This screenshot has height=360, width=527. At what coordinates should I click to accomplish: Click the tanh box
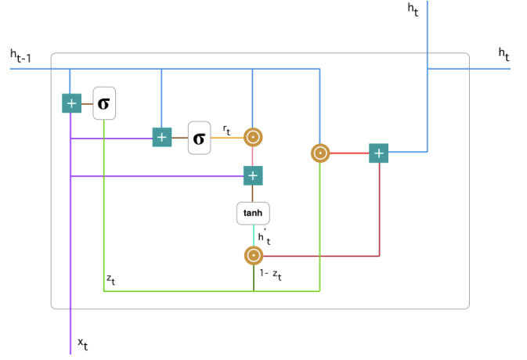pyautogui.click(x=253, y=212)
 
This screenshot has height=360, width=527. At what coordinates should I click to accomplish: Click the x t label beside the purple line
pyautogui.click(x=82, y=344)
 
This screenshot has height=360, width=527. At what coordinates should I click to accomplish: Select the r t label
pyautogui.click(x=226, y=129)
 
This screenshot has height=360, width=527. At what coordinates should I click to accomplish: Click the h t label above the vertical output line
pyautogui.click(x=413, y=9)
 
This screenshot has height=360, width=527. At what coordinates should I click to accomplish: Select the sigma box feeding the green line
pyautogui.click(x=104, y=103)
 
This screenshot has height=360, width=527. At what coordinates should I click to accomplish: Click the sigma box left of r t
pyautogui.click(x=199, y=138)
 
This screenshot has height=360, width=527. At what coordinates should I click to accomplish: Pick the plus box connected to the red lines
pyautogui.click(x=379, y=153)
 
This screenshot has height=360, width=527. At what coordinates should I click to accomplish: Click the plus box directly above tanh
pyautogui.click(x=252, y=176)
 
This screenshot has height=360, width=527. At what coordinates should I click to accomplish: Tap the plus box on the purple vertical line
pyautogui.click(x=71, y=103)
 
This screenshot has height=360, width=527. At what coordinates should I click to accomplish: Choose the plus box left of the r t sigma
pyautogui.click(x=161, y=138)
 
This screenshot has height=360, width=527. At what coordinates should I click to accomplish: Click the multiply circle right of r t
pyautogui.click(x=252, y=138)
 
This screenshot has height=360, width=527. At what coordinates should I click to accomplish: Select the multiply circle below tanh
pyautogui.click(x=253, y=255)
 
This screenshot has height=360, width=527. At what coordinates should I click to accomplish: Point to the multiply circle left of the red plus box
pyautogui.click(x=319, y=153)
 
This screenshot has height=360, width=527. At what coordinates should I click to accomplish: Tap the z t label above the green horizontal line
pyautogui.click(x=110, y=279)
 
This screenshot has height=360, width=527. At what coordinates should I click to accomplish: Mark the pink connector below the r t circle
pyautogui.click(x=252, y=157)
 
